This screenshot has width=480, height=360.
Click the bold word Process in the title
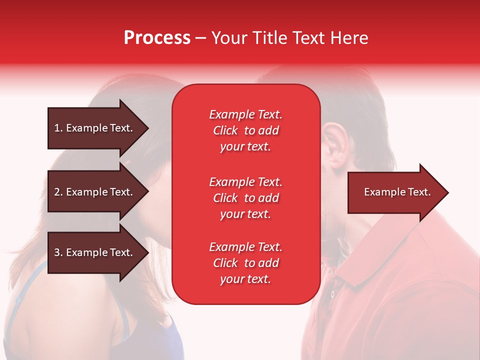(x=157, y=38)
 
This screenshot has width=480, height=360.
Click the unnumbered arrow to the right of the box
(x=395, y=192)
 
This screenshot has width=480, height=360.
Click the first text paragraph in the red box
(x=245, y=130)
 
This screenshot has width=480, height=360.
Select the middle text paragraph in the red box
(x=245, y=198)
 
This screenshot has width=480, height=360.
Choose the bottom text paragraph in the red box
(x=245, y=263)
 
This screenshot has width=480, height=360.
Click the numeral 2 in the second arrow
(x=57, y=192)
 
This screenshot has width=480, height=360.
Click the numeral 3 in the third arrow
(x=57, y=252)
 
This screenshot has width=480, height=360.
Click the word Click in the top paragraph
(x=225, y=130)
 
